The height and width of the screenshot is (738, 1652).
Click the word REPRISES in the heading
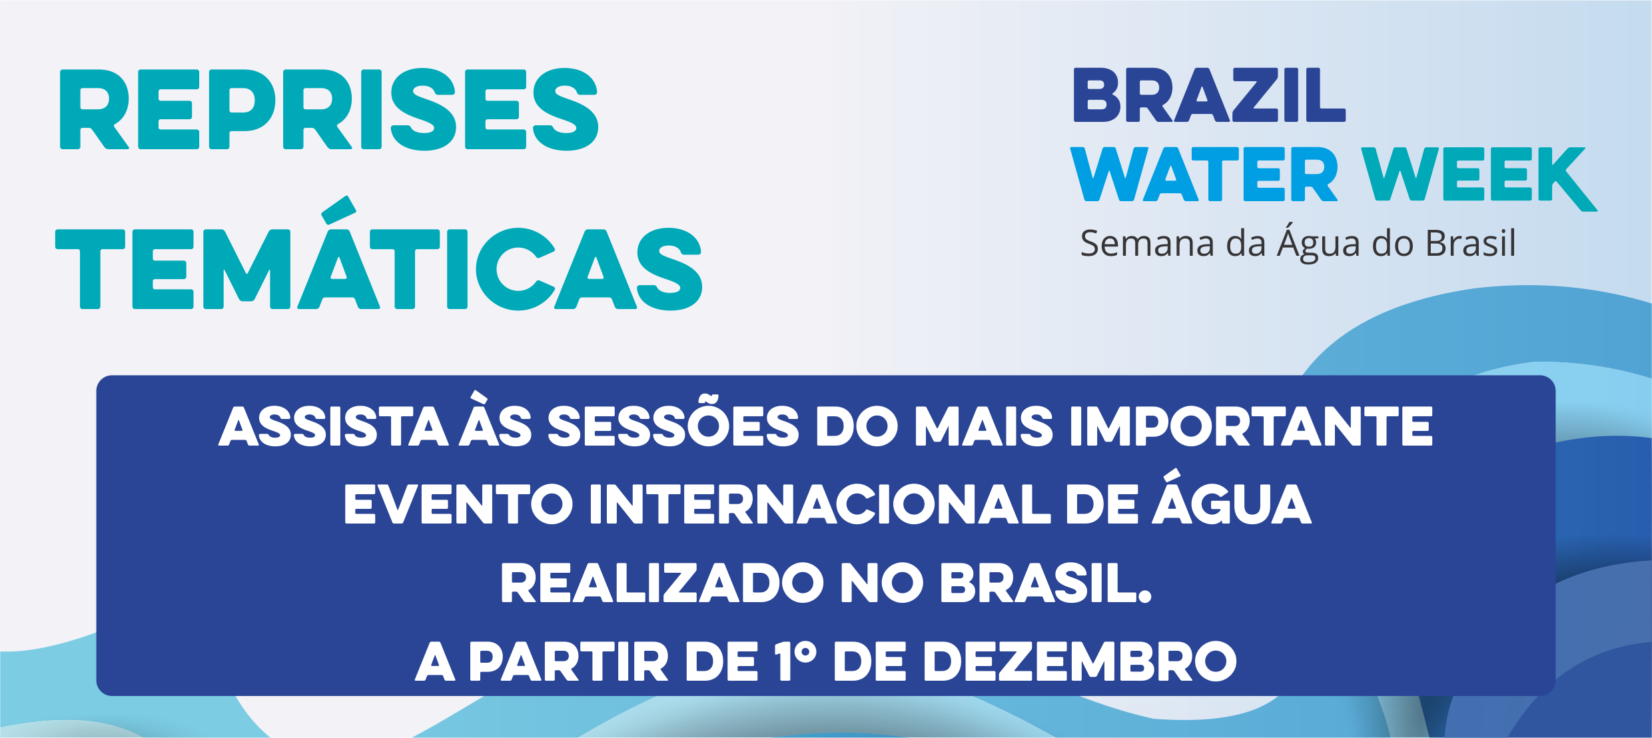(329, 109)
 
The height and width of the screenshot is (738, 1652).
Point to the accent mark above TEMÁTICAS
(338, 210)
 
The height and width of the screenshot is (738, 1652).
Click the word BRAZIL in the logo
(1209, 95)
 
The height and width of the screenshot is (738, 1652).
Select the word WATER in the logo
(1204, 174)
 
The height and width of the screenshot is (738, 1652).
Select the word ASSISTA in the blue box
(333, 426)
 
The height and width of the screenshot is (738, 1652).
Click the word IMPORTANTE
(1251, 426)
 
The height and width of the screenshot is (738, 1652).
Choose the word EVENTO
(458, 504)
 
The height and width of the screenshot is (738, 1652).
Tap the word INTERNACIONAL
(820, 504)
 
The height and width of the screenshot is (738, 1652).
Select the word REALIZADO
(662, 583)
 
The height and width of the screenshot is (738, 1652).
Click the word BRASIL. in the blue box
(1046, 583)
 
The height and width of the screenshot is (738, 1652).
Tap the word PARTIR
(569, 662)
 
